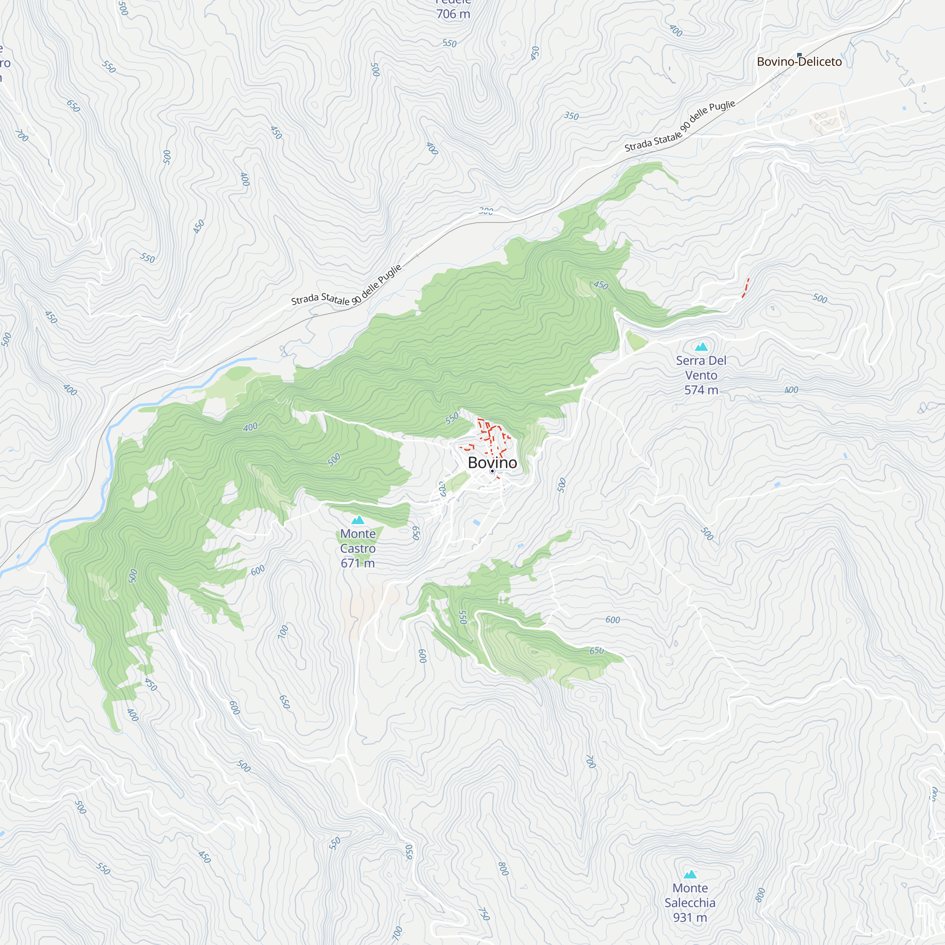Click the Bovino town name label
492,462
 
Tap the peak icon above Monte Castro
358,519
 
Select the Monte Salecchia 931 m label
690,902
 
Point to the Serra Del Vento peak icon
701,347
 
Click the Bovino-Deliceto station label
799,61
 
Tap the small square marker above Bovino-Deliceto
799,55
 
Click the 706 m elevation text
453,14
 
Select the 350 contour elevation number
571,116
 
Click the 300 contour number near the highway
486,211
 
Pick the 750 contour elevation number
483,914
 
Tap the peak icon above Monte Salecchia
690,874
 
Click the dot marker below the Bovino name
492,471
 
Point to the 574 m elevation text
701,390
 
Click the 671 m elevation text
358,563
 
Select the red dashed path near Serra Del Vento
745,288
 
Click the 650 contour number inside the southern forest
596,651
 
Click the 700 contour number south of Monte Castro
283,631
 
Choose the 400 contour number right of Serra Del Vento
791,390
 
